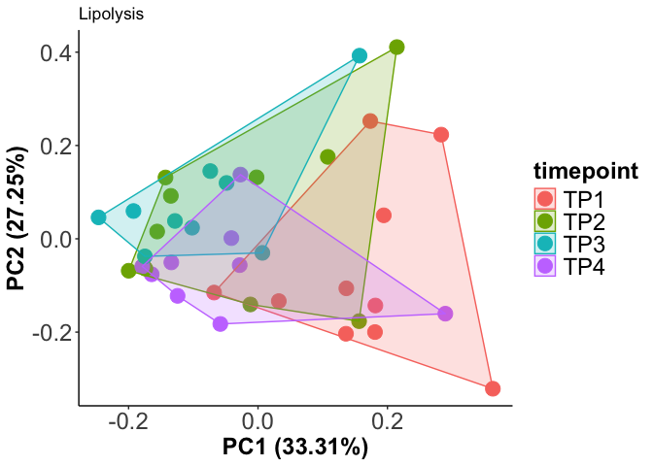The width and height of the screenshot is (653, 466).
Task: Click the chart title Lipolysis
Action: coord(112,15)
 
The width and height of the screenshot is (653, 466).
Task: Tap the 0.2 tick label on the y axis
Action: coord(59,146)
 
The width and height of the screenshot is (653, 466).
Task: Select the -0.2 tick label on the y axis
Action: coord(55,332)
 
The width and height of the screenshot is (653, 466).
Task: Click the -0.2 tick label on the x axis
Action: coord(125,422)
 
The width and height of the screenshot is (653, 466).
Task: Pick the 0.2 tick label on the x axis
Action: coord(389,422)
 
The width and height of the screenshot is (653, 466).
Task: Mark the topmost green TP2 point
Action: coord(396,47)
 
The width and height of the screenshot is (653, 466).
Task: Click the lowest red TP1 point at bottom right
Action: coord(493,388)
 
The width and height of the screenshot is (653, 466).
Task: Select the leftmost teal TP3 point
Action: coord(98,217)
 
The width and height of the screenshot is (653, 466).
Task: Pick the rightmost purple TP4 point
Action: coord(445,314)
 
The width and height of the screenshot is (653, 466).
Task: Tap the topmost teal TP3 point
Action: coord(360,55)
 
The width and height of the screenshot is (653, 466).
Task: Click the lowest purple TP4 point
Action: coord(221,323)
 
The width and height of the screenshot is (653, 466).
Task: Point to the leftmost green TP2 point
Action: coord(128,271)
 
